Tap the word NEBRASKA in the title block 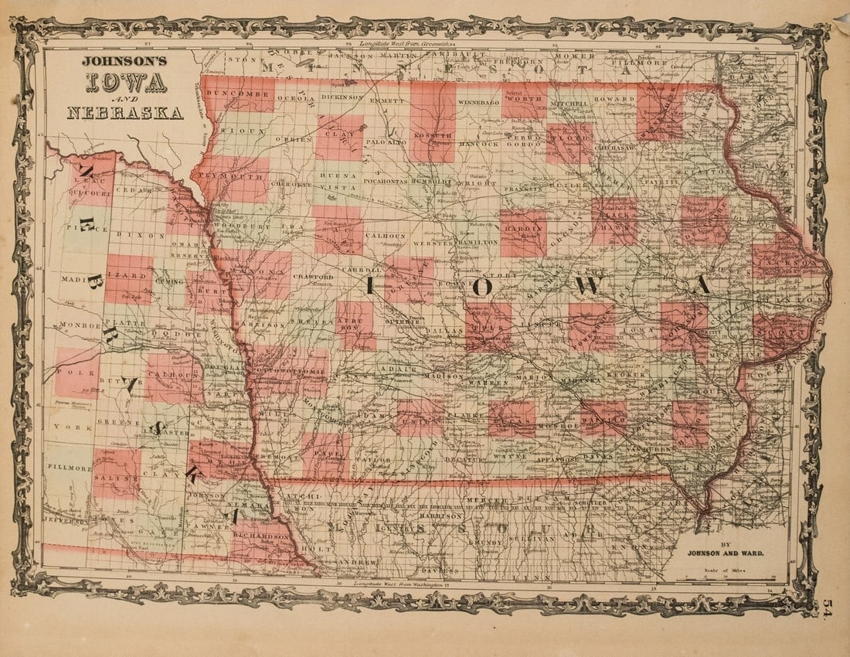pyautogui.click(x=124, y=113)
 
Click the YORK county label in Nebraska pyautogui.click(x=68, y=427)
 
